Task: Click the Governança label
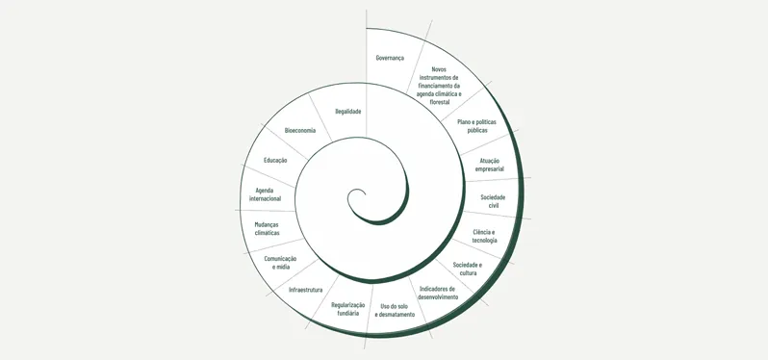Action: (x=390, y=58)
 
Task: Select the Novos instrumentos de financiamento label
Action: (x=439, y=85)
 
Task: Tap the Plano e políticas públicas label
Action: (x=477, y=126)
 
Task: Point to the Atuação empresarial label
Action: (x=489, y=165)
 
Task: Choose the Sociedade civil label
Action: (x=493, y=201)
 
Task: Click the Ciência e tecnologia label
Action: (x=484, y=236)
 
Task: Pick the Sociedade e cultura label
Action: (x=468, y=269)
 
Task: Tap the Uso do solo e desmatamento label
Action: (x=395, y=310)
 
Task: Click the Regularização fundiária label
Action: (x=347, y=309)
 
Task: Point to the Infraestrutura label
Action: (x=305, y=289)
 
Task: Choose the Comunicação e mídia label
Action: (x=280, y=262)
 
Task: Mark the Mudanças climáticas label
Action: (x=267, y=228)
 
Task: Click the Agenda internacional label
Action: (x=265, y=194)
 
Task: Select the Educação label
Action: (x=275, y=160)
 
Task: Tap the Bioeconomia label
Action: (x=300, y=130)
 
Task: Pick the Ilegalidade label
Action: (x=347, y=112)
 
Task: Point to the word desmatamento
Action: (x=395, y=315)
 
